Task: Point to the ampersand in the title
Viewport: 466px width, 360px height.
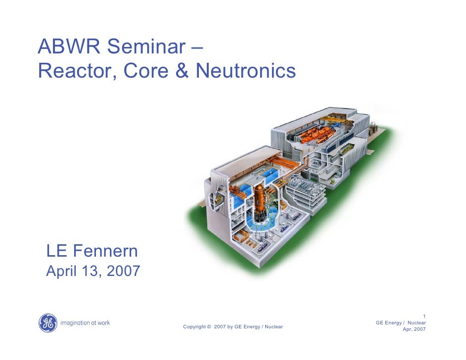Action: (182, 71)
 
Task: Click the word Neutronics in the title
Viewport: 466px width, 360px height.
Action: (246, 71)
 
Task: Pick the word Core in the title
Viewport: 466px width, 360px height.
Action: (147, 71)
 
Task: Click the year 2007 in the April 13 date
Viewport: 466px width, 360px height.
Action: (122, 271)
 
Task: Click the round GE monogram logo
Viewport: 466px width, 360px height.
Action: (48, 323)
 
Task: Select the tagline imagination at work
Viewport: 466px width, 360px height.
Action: (85, 323)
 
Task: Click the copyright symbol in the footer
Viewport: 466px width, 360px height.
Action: (209, 327)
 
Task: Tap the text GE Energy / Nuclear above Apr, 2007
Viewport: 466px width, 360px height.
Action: (401, 323)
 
